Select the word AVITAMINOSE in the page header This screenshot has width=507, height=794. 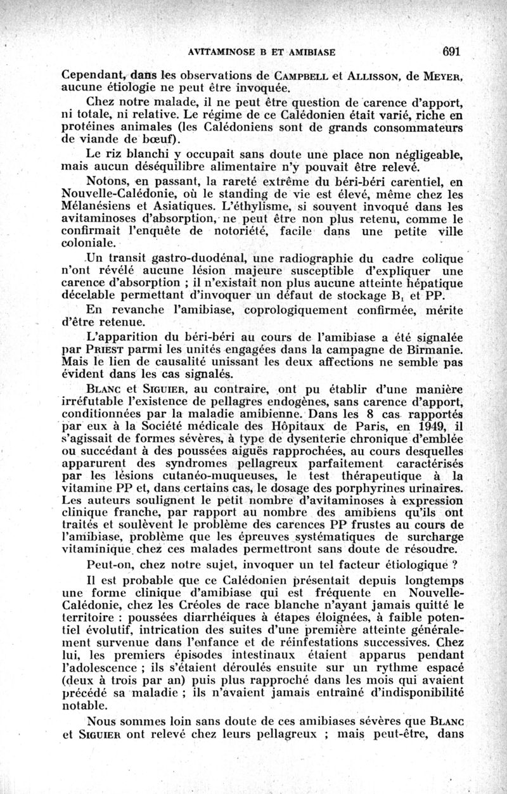(214, 52)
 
